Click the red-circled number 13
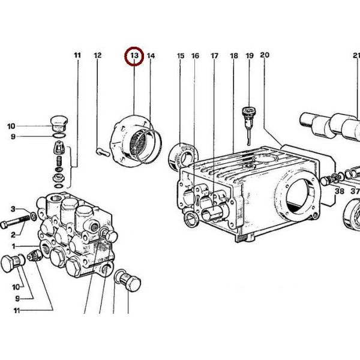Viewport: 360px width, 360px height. [x=134, y=56]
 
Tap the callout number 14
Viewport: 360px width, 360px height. [x=151, y=56]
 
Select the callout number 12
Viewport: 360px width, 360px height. [x=98, y=55]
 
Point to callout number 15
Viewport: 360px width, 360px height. [x=181, y=56]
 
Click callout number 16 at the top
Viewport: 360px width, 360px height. [x=195, y=56]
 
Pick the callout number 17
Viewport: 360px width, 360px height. [x=214, y=56]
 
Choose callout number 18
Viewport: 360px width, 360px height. [x=234, y=56]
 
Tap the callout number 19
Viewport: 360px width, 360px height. [x=250, y=56]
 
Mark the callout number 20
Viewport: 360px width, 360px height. [x=265, y=55]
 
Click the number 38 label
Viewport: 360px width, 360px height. [x=340, y=191]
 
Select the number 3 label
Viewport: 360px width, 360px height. [x=13, y=209]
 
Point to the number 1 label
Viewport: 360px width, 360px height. [x=14, y=247]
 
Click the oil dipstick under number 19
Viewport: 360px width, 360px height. [x=249, y=126]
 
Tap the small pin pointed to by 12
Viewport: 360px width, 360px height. [x=103, y=152]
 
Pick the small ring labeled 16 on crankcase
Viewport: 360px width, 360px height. [x=192, y=220]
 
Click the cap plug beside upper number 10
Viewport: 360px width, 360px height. [x=59, y=124]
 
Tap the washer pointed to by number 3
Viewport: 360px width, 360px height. [x=34, y=216]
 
